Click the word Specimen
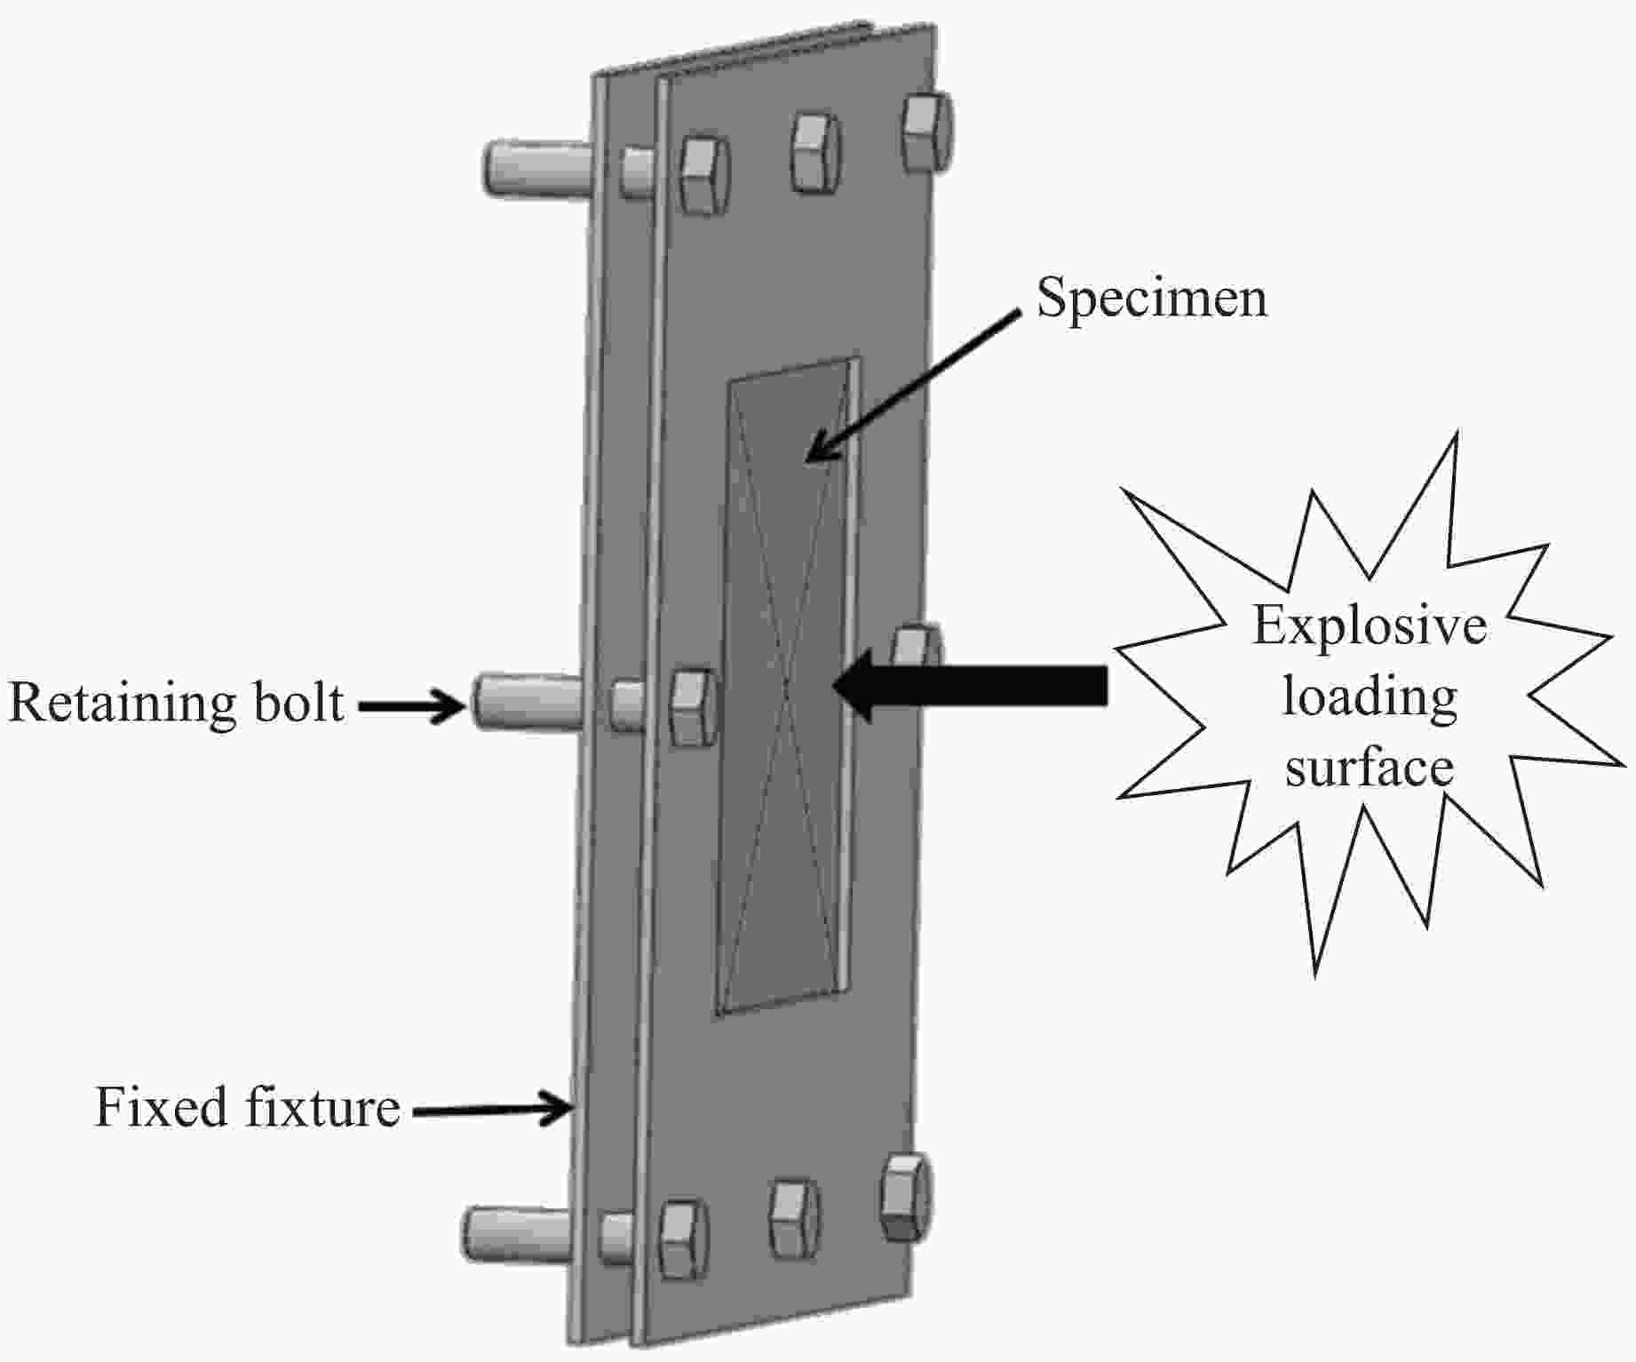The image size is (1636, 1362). click(1152, 299)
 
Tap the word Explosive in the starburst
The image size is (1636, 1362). click(1370, 625)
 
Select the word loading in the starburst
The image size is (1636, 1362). click(1370, 698)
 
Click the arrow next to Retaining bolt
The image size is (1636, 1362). click(412, 706)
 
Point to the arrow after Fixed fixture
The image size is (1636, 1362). click(492, 1109)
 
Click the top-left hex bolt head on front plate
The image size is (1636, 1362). click(703, 176)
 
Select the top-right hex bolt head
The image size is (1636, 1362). click(927, 131)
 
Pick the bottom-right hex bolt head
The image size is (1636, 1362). click(906, 1197)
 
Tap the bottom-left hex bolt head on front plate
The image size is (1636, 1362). click(683, 1239)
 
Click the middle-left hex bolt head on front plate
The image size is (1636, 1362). click(693, 706)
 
